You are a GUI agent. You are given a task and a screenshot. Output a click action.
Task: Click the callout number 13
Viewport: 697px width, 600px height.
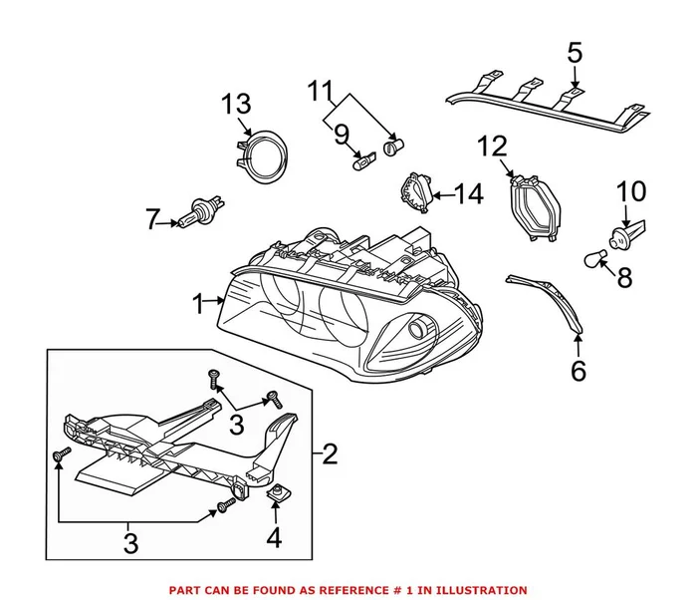point(236,103)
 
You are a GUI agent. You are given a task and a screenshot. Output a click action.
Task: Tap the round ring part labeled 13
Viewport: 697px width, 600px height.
point(261,154)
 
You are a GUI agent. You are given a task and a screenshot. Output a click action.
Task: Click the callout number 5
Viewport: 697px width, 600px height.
point(575,52)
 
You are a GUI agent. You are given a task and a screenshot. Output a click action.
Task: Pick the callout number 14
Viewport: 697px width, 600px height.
point(468,193)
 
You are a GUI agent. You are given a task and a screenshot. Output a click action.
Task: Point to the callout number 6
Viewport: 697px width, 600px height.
point(579,370)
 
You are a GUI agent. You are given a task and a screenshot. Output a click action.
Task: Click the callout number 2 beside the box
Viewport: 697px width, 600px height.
point(330,455)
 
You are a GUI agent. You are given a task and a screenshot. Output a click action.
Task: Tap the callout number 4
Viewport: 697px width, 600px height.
point(274,539)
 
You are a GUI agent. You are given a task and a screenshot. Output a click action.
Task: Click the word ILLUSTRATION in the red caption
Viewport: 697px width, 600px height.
point(479,590)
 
